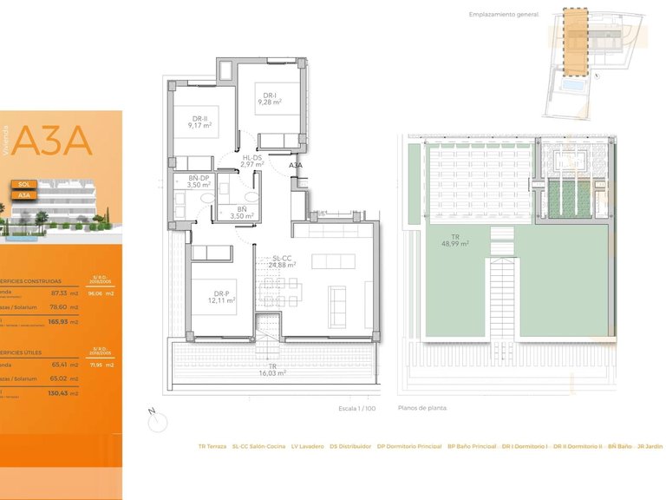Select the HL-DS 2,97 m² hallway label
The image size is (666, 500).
[252, 161]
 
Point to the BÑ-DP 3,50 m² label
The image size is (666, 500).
[200, 181]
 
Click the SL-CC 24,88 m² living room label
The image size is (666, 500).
[284, 261]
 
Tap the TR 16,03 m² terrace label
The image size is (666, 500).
[271, 369]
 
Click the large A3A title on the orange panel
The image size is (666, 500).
[53, 141]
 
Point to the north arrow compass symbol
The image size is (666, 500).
[157, 421]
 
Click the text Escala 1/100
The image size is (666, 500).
[358, 407]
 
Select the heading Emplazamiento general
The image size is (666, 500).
[504, 15]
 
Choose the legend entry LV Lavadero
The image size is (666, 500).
[307, 446]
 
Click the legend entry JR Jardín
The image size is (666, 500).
[650, 446]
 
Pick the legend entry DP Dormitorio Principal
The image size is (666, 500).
[409, 446]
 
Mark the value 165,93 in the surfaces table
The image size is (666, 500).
[58, 322]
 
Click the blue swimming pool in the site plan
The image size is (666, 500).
[572, 89]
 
